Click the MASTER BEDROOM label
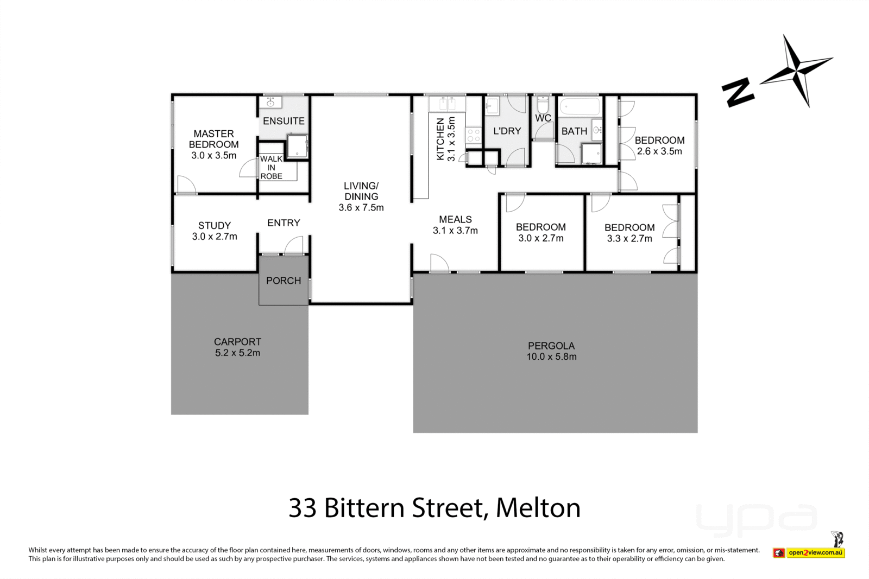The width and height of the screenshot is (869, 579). coord(213,139)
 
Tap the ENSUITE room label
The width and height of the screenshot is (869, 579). coord(284,121)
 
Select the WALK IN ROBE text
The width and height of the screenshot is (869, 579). coord(271,167)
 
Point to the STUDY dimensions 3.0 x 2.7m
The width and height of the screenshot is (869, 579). coord(215,237)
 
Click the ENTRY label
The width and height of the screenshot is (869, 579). coord(284,222)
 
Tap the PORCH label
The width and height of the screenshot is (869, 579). coord(284,281)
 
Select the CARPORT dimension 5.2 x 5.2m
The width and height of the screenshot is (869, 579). coord(237,353)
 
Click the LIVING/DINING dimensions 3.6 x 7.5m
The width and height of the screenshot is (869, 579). coord(361,208)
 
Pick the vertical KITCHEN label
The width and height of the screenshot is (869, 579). coord(440,139)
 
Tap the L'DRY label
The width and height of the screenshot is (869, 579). coord(507,131)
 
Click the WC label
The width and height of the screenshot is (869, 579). coord(543,118)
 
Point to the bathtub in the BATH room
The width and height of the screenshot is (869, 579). coord(580,106)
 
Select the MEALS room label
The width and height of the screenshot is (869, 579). coord(455,219)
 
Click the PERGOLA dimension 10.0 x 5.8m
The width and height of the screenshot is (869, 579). coord(551,357)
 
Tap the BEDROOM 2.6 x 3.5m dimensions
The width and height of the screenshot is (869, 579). coord(659,151)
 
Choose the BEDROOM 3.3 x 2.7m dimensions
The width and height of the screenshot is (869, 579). coord(629,238)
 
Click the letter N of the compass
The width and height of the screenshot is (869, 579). coord(738,91)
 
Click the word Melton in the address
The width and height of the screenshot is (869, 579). coord(538,508)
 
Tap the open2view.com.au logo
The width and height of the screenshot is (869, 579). coord(815,552)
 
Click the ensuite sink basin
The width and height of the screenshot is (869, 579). coord(270,103)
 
